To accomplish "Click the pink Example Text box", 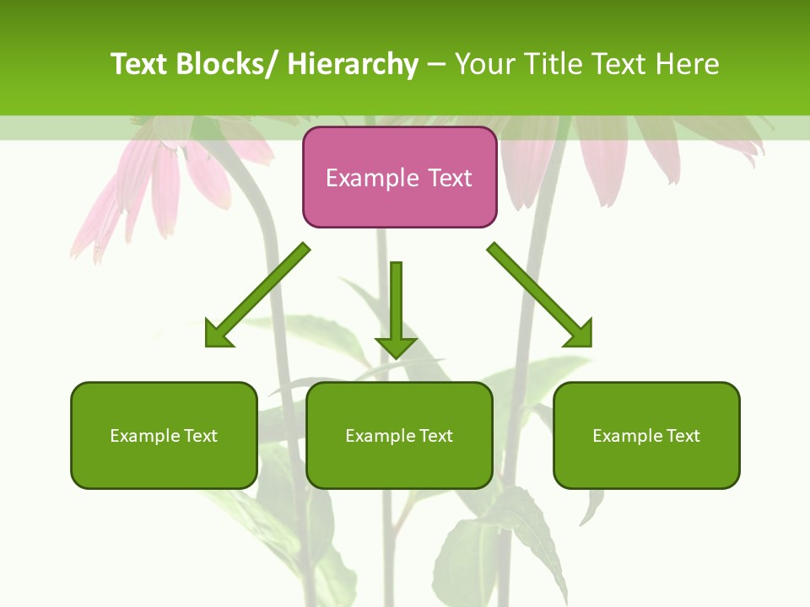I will coord(399,177).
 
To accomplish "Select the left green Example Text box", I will coord(164,435).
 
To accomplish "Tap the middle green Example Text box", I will coord(399,435).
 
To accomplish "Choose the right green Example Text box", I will coord(646,435).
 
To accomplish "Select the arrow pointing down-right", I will coord(540,295).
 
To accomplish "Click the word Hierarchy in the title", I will coord(353,64).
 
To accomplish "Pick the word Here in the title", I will coord(688,64).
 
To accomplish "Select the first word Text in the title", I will coord(140,64).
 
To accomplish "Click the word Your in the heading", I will coord(485,64).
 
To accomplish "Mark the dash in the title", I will coord(436,65).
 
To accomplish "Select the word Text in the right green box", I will coord(683,436).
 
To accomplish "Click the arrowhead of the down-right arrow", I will coord(579,334).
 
